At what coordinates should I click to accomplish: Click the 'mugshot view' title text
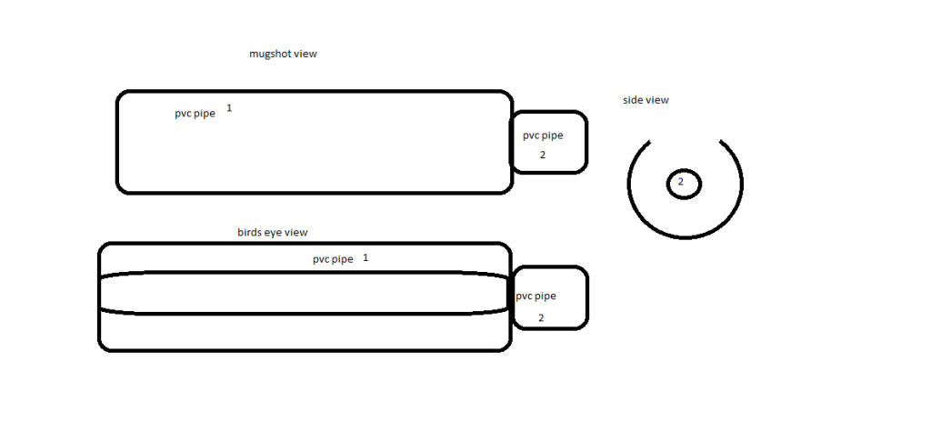(284, 54)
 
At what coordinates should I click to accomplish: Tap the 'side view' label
(646, 100)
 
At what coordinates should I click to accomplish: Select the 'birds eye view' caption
(273, 232)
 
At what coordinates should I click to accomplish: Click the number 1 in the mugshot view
(229, 108)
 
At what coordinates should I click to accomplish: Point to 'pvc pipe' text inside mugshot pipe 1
(195, 114)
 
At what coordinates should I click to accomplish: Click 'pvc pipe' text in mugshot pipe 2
(543, 136)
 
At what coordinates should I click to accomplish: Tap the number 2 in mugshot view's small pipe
(542, 155)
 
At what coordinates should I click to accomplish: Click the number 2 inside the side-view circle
(680, 182)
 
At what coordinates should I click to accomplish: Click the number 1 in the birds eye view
(365, 258)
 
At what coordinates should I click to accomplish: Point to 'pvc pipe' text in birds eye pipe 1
(333, 259)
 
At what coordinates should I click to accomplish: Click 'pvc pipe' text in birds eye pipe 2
(536, 296)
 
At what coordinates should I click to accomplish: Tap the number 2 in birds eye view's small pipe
(541, 317)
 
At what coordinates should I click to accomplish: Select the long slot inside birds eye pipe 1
(304, 272)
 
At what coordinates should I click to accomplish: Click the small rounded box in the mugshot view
(586, 142)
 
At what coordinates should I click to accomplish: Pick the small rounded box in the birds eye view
(587, 297)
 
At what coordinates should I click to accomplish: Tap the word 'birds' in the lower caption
(249, 232)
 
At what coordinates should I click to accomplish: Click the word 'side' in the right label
(633, 100)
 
